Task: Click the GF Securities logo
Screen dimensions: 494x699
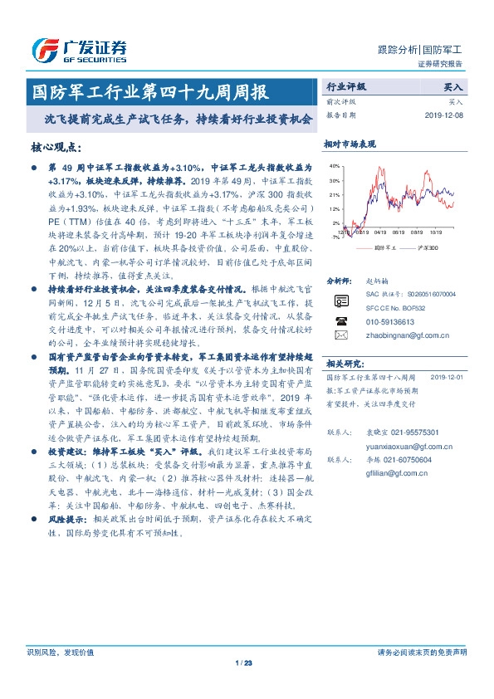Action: tap(79, 50)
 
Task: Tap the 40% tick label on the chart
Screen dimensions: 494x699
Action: tap(335, 166)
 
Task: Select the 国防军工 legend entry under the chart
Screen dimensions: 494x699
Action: tap(379, 247)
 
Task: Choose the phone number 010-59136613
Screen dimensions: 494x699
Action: tap(390, 320)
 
